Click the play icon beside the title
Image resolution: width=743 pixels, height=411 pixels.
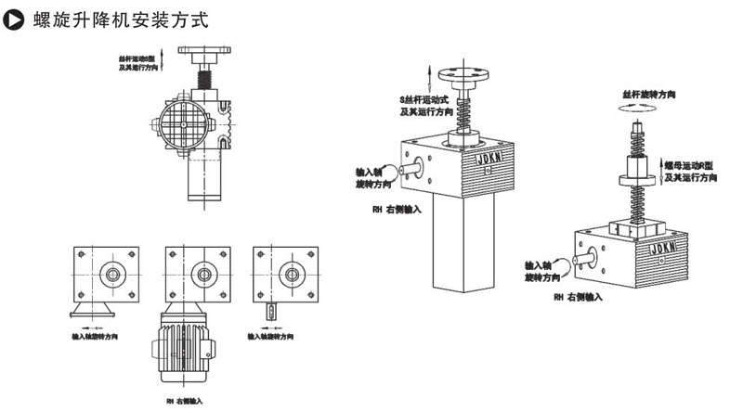coord(13,18)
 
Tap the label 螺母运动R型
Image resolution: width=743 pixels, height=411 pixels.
coord(691,163)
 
